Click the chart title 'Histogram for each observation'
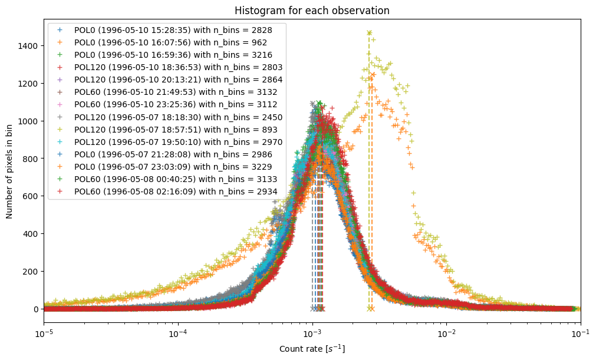[x=312, y=11]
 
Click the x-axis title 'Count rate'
[x=312, y=349]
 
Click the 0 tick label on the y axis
[x=35, y=309]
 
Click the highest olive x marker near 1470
[x=369, y=33]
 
